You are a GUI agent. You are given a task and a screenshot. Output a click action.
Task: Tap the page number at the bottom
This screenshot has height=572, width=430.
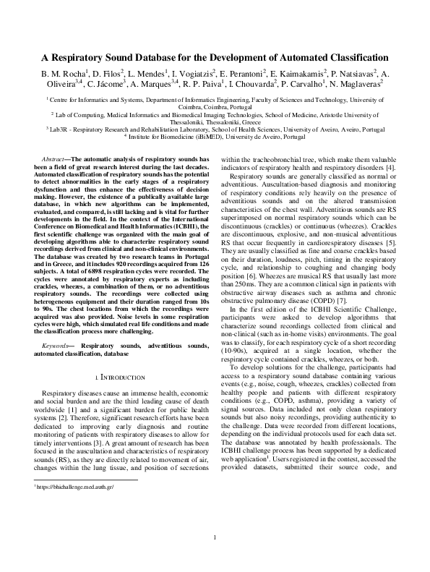[x=215, y=536]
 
